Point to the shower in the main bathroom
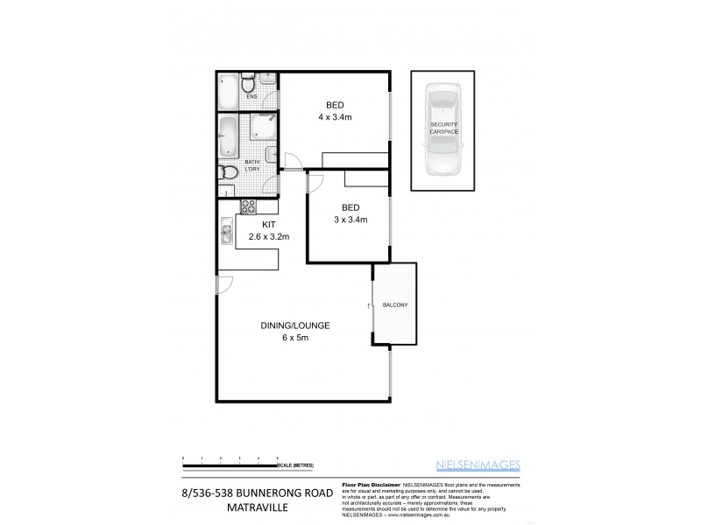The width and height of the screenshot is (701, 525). click(x=263, y=129)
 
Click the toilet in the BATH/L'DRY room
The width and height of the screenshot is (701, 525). click(x=229, y=171)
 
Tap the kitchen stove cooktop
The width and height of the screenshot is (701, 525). click(x=248, y=207)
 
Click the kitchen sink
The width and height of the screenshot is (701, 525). click(x=225, y=233)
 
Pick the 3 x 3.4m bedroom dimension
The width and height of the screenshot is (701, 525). click(x=349, y=220)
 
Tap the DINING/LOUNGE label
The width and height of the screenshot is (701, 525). click(x=294, y=325)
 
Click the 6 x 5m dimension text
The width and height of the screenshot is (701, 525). click(x=295, y=339)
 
